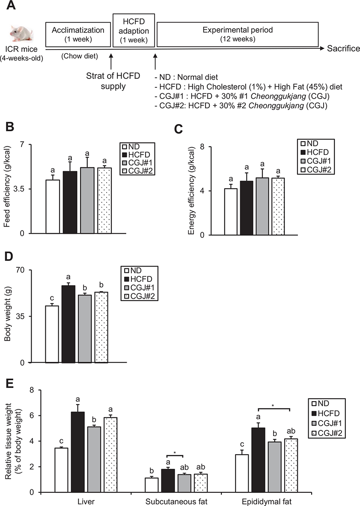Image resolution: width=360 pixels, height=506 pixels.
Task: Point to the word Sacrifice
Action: coord(343,49)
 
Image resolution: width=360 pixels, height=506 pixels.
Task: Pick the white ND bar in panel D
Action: coord(52,334)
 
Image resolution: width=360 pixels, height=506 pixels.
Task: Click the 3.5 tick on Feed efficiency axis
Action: coord(33,189)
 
